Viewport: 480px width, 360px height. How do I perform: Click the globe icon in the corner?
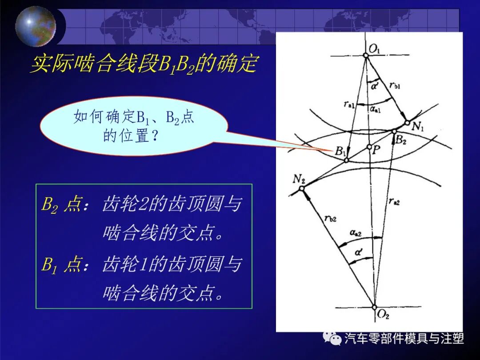point(36,26)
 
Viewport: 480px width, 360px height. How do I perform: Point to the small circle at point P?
point(369,147)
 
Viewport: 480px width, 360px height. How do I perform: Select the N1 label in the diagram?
point(417,126)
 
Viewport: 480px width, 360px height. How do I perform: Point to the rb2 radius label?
point(330,218)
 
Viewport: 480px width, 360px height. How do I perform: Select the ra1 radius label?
point(349,104)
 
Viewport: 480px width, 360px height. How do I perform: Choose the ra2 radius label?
point(394,201)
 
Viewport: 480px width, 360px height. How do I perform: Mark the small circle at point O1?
point(366,55)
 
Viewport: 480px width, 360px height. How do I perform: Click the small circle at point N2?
point(301,189)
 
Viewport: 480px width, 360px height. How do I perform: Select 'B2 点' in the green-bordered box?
point(61,205)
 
